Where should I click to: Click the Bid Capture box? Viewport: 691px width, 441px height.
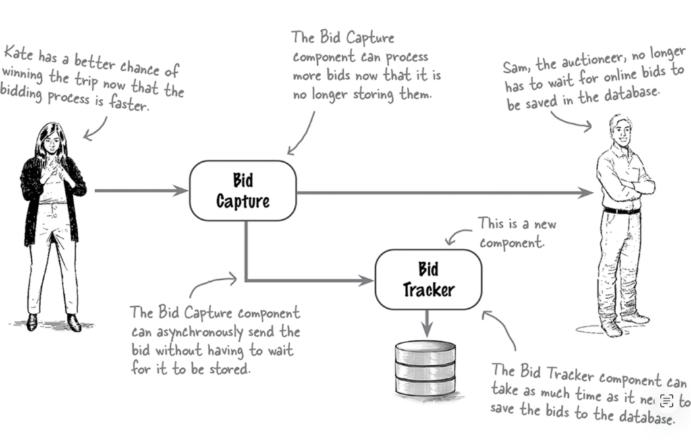click(x=243, y=191)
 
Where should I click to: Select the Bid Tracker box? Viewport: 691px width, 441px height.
click(x=429, y=280)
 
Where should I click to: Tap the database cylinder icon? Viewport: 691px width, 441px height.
click(x=426, y=367)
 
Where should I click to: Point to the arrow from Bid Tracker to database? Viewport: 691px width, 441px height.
click(x=426, y=323)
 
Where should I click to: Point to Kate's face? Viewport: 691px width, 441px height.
click(x=52, y=141)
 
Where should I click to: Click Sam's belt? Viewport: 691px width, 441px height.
click(x=621, y=210)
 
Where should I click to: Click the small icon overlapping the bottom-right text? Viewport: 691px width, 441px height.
click(x=667, y=401)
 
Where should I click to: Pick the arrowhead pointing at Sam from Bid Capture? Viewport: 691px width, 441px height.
click(x=586, y=193)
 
